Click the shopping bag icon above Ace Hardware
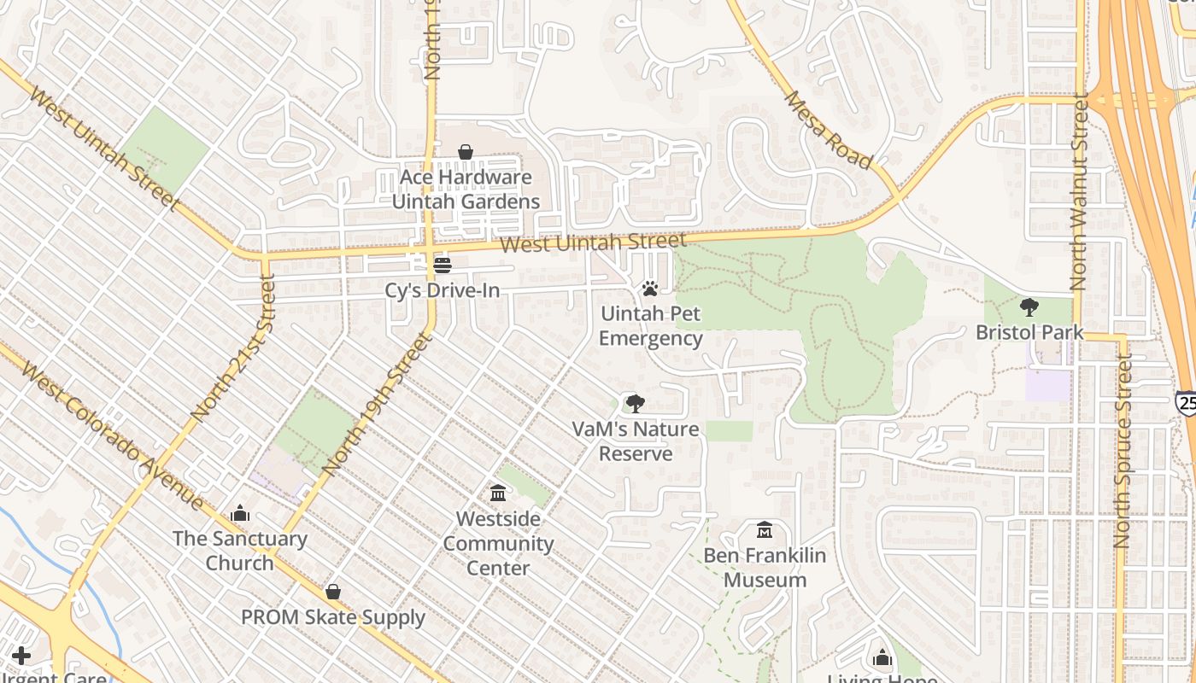click(466, 153)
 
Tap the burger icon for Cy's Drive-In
click(442, 266)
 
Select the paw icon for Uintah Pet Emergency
click(650, 289)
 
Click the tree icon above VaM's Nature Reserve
click(635, 404)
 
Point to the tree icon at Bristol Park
click(1029, 307)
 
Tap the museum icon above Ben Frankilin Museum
click(765, 531)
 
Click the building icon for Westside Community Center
click(498, 493)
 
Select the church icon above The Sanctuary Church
click(240, 514)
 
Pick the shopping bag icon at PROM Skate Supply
click(333, 593)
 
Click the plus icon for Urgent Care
click(21, 656)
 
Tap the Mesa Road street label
click(828, 130)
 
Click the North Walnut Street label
click(1079, 193)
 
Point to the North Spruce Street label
click(1123, 452)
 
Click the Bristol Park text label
click(1029, 332)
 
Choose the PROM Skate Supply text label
click(333, 617)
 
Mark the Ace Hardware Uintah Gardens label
click(466, 190)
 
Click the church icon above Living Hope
click(882, 658)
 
